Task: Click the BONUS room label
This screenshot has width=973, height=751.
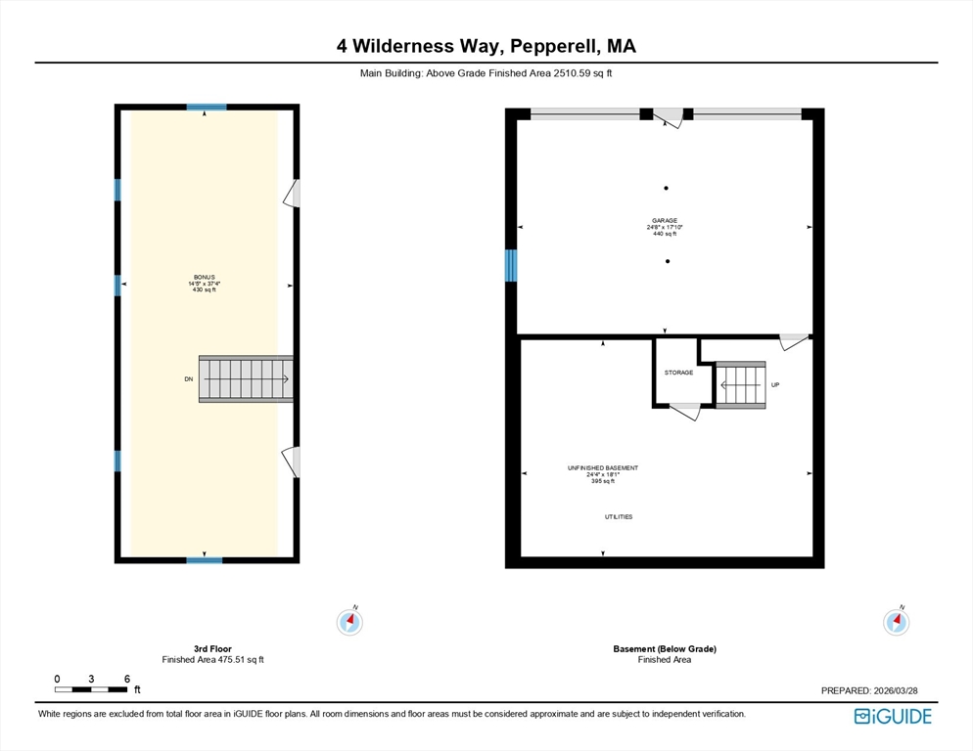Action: [x=205, y=277]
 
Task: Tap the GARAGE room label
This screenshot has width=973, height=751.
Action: [x=665, y=220]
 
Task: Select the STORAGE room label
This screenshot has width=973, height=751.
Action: [x=679, y=373]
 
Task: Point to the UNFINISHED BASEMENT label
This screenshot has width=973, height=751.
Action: [x=603, y=468]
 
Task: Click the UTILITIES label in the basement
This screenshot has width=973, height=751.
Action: [x=619, y=516]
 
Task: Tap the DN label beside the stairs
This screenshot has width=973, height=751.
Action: [x=189, y=378]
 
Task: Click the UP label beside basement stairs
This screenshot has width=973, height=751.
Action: [x=775, y=385]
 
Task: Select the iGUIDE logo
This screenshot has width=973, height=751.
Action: [x=893, y=716]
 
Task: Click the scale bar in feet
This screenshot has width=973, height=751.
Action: [x=91, y=689]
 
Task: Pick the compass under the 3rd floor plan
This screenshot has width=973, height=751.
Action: [x=350, y=621]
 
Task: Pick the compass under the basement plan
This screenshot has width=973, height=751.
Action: [x=897, y=621]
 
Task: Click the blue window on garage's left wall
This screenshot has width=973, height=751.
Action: [x=511, y=265]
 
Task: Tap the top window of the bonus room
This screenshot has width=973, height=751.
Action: [x=207, y=108]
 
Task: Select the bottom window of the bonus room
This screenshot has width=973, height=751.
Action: [x=205, y=560]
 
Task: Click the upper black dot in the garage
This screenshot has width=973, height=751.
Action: [x=666, y=188]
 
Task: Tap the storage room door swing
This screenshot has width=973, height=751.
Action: [x=685, y=411]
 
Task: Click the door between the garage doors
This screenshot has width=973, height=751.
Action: [x=669, y=117]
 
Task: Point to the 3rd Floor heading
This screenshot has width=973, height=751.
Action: [x=212, y=648]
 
